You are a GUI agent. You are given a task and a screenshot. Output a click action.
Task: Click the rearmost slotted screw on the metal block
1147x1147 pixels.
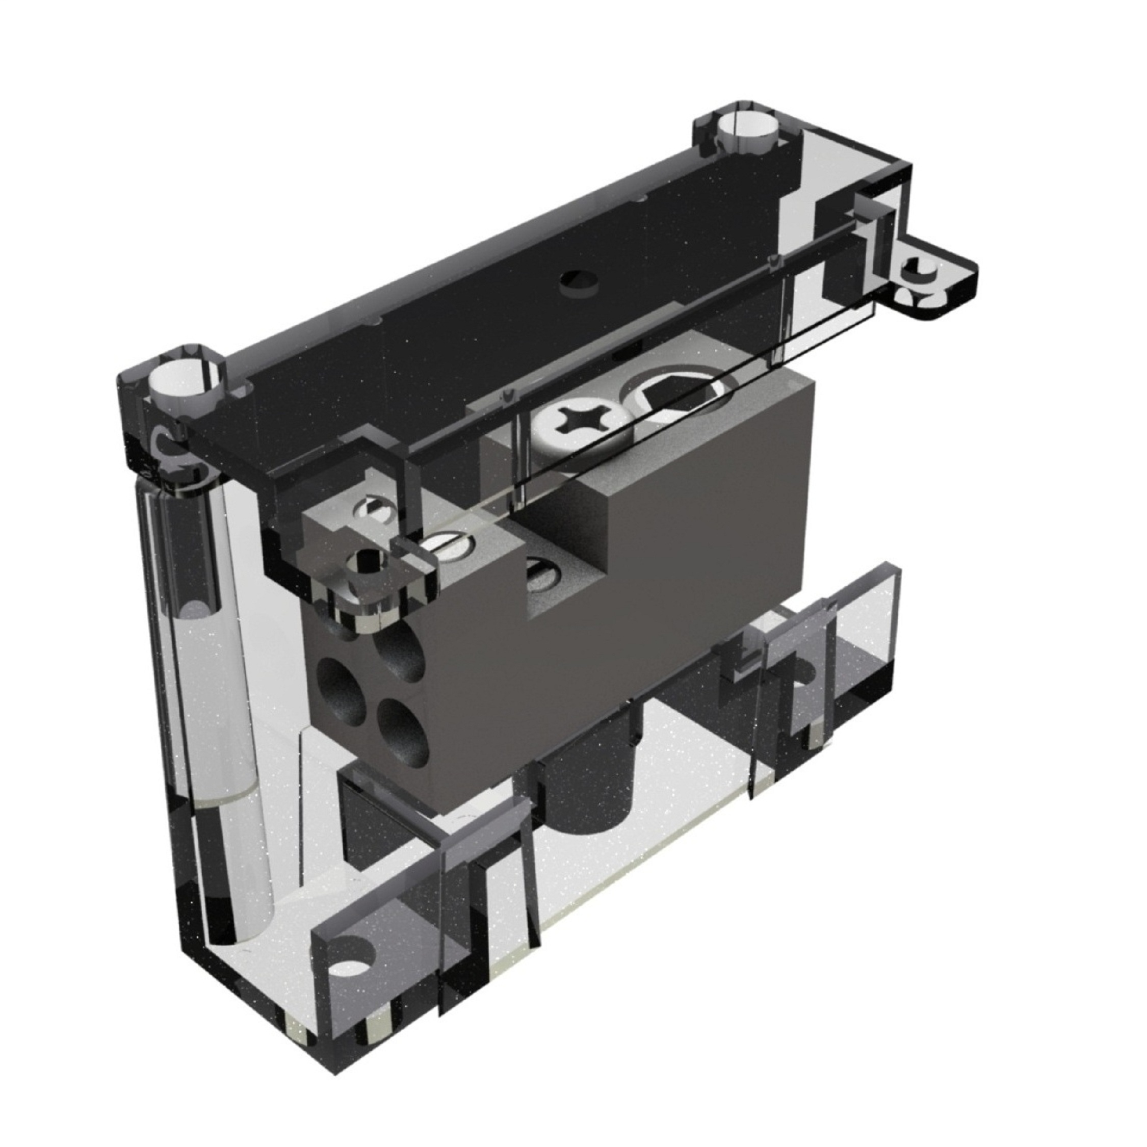point(372,508)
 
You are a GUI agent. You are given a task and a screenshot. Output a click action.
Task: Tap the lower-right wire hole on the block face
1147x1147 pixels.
point(404,732)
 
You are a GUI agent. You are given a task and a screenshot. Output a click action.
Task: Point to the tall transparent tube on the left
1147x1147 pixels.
point(205,713)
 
